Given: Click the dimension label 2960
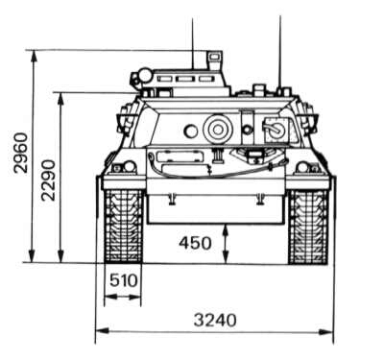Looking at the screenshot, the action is click(21, 153).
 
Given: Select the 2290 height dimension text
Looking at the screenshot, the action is click(48, 180).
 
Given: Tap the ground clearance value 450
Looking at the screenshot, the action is click(195, 243).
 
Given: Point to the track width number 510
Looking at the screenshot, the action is click(124, 280).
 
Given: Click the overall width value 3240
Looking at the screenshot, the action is click(215, 320).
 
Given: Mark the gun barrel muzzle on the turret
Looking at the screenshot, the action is click(217, 130).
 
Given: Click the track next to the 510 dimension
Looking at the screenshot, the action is click(124, 227).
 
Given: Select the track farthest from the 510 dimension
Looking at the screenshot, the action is click(308, 227).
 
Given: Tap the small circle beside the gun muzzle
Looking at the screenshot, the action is click(190, 132).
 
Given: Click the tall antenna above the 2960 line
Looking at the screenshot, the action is click(193, 43).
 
